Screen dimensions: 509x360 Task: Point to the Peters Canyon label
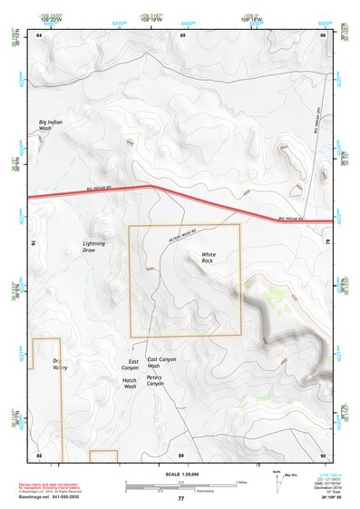(155, 380)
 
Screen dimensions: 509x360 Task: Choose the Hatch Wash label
(130, 383)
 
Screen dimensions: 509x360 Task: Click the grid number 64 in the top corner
(39, 34)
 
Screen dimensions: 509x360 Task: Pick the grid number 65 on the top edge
(182, 34)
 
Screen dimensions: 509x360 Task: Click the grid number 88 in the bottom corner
(39, 454)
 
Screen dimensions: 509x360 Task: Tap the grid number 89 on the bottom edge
(180, 454)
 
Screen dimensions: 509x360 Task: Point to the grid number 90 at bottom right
(322, 454)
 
